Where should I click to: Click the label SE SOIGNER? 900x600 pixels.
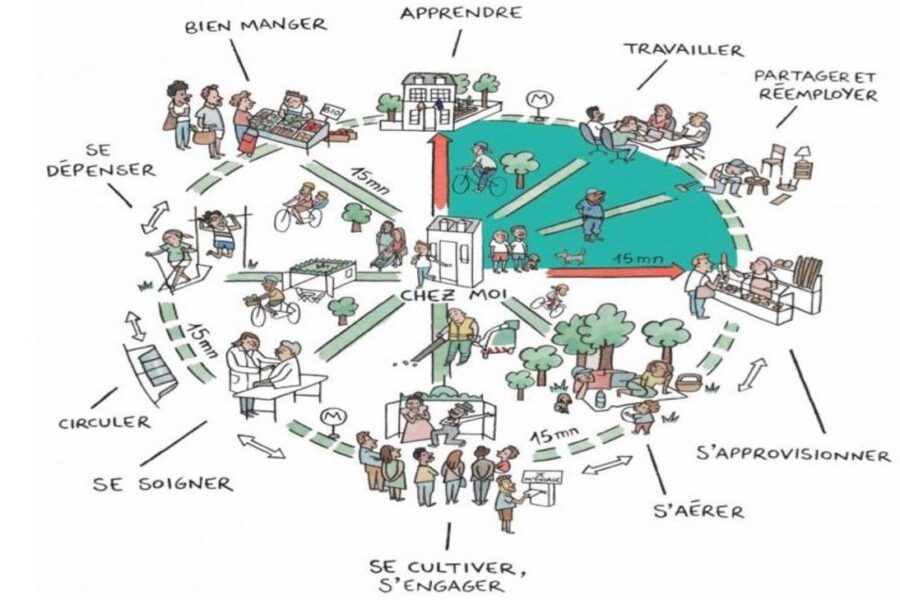point(163,483)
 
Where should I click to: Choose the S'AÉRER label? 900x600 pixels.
point(699,512)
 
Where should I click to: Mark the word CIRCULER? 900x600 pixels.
point(91,422)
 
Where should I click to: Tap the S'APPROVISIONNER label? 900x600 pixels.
point(792,455)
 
